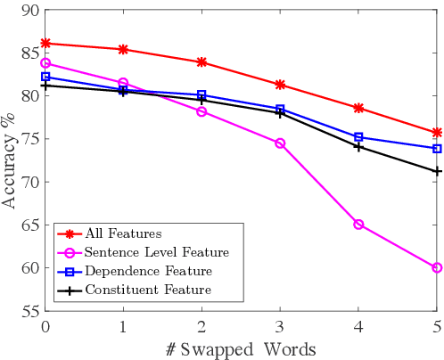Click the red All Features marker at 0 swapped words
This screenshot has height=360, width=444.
pos(45,43)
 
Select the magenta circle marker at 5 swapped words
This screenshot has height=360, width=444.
pos(437,267)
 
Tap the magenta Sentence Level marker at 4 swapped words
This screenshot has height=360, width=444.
pos(358,225)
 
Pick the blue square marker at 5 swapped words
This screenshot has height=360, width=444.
pos(437,149)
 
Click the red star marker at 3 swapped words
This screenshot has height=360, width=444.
pos(280,85)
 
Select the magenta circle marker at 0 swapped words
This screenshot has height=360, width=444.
pos(45,63)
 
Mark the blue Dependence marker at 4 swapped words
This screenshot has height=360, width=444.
pos(358,137)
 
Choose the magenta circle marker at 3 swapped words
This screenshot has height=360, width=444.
pos(280,143)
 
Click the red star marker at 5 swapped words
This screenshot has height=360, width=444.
pos(437,132)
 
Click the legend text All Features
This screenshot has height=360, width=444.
pos(123,233)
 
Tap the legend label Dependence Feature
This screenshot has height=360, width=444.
pos(148,271)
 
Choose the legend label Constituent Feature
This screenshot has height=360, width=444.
pos(148,290)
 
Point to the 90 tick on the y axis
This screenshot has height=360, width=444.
pos(29,10)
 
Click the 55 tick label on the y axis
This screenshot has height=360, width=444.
pos(29,311)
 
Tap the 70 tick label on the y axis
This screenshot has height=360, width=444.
pos(29,182)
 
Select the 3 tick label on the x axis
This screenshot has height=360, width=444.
pos(280,327)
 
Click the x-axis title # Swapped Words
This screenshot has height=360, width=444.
pos(241,348)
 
